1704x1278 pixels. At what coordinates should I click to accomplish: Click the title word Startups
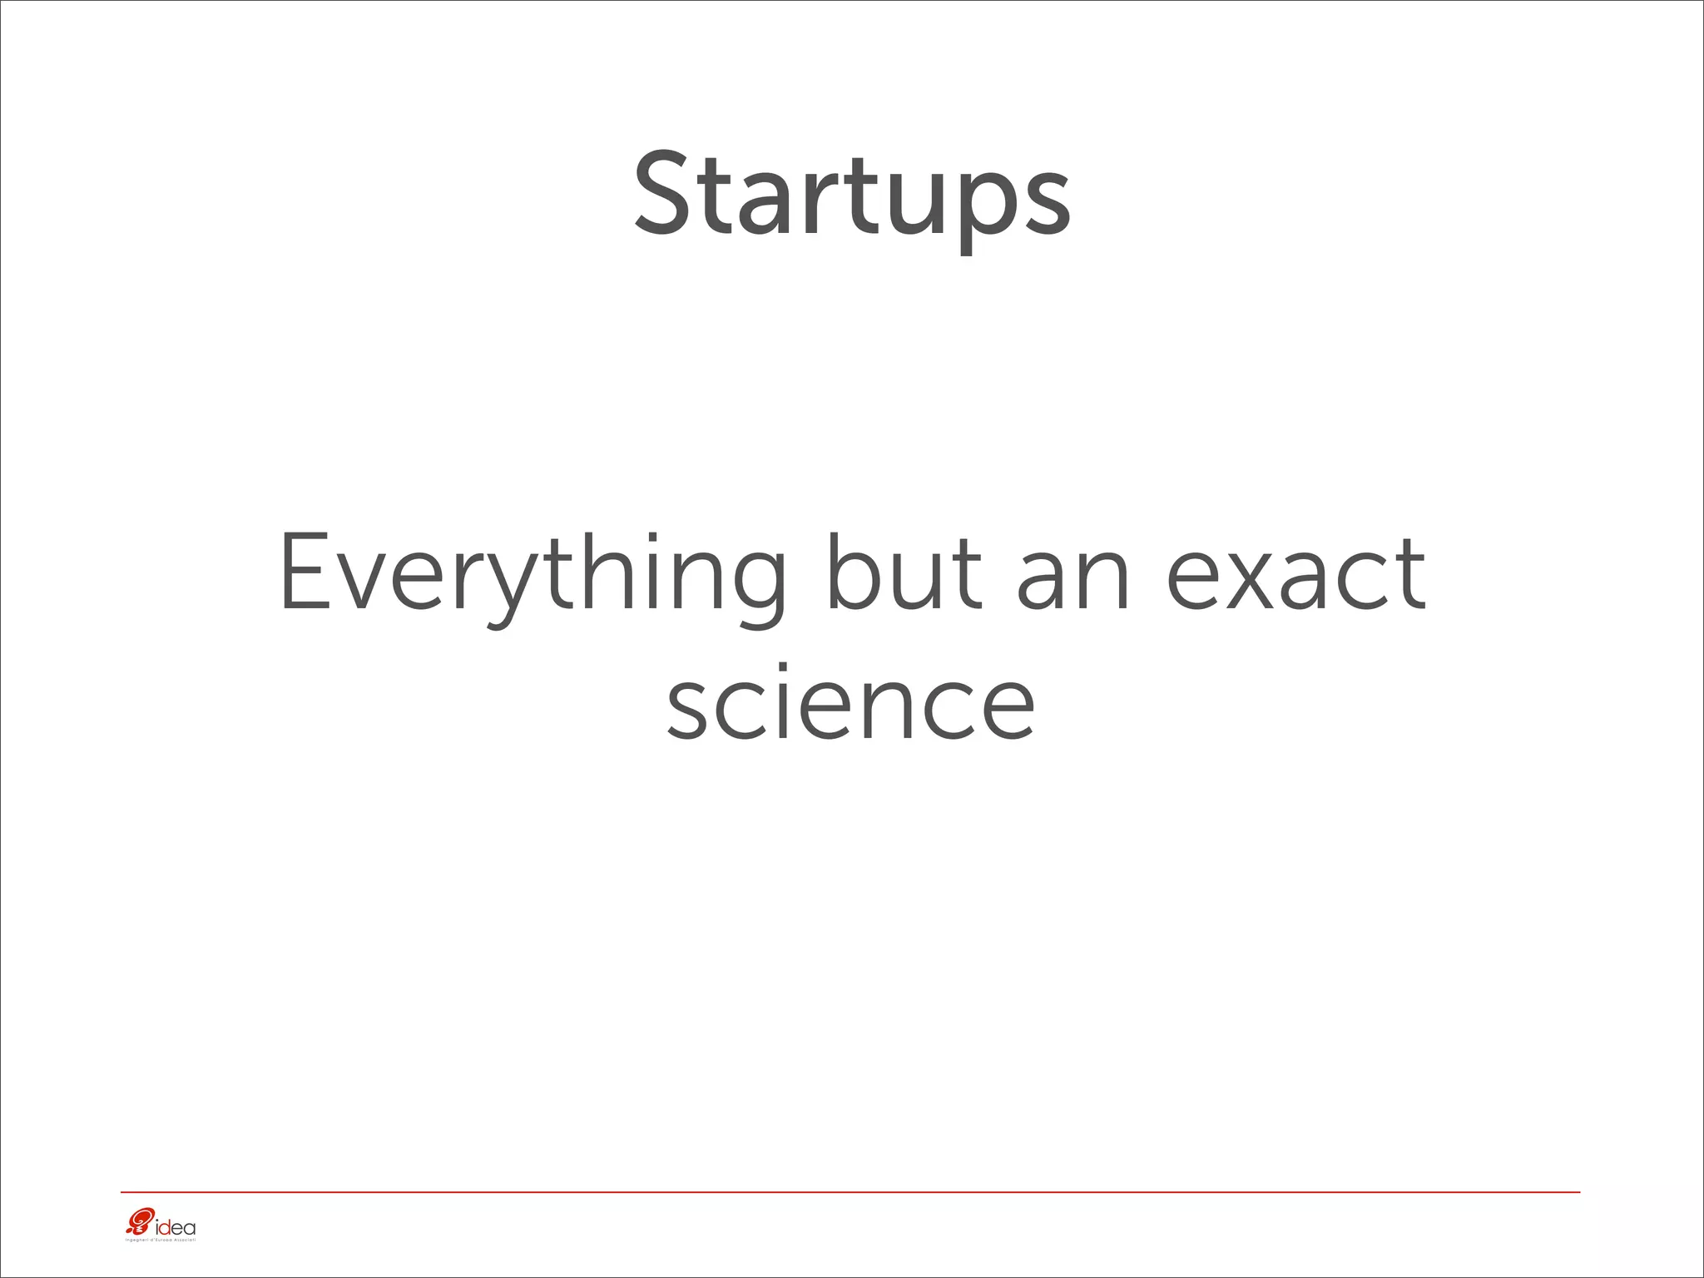852,196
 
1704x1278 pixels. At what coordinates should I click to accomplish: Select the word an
1073,582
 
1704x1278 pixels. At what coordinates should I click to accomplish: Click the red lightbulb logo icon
139,1223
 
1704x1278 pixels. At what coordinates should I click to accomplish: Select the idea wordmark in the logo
176,1226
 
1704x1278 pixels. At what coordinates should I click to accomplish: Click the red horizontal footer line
849,1192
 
